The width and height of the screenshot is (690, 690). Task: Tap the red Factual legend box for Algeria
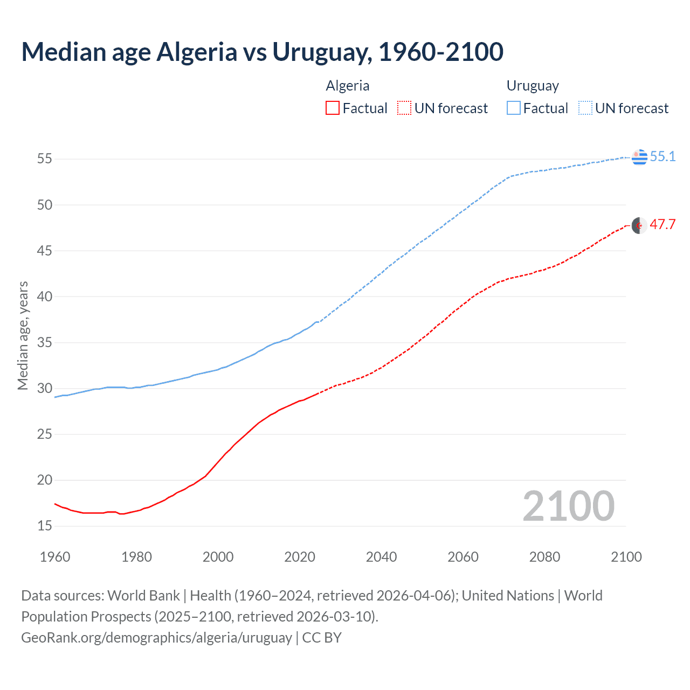click(333, 108)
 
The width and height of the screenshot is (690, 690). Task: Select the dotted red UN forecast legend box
click(404, 108)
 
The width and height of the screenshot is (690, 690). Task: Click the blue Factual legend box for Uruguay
click(514, 108)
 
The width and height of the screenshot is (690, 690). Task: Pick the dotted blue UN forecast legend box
click(585, 108)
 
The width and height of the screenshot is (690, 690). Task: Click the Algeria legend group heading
click(348, 86)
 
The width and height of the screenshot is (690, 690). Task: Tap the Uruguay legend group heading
click(533, 86)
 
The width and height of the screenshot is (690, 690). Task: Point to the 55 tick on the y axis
click(44, 159)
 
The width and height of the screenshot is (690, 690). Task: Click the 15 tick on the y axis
click(44, 526)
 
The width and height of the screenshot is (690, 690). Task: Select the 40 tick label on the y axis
click(44, 296)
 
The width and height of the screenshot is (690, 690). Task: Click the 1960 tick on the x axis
click(55, 557)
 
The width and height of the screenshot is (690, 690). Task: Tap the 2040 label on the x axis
click(381, 557)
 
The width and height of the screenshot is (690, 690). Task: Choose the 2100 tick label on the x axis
click(626, 557)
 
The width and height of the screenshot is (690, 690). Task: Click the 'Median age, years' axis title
click(23, 335)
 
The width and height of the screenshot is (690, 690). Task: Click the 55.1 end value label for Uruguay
click(663, 156)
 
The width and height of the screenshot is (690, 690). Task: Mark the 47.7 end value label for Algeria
click(663, 225)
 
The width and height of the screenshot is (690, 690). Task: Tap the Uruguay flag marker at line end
click(639, 157)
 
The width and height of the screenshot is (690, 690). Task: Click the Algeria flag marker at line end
click(639, 225)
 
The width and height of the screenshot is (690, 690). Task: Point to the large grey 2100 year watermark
click(568, 506)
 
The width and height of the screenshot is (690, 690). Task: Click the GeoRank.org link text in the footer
click(156, 637)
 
